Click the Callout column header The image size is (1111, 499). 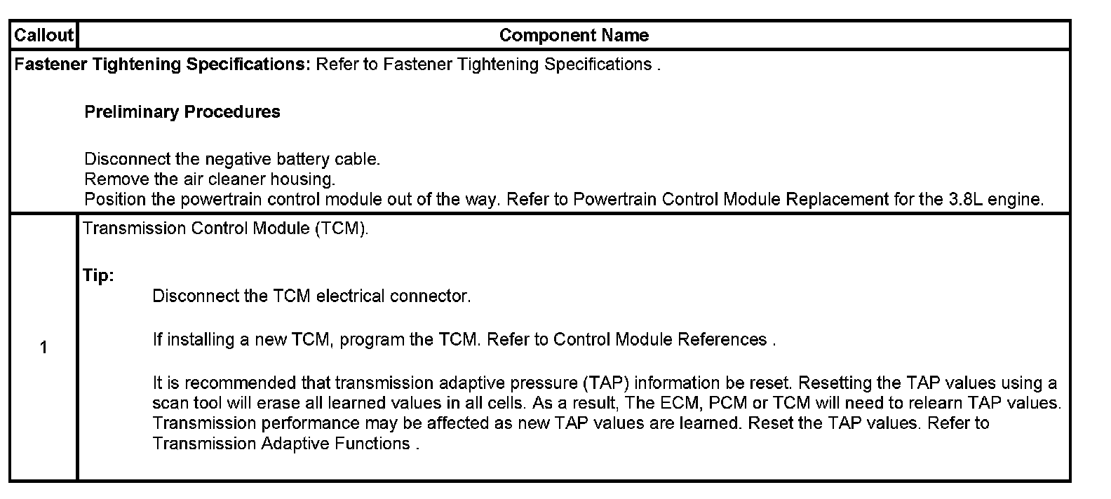(x=43, y=36)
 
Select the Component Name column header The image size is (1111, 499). (x=574, y=36)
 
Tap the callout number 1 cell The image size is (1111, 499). (x=43, y=348)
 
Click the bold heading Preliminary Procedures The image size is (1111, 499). (x=182, y=112)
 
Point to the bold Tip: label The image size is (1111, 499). (x=98, y=276)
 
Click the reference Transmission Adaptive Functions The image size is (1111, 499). (x=281, y=444)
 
